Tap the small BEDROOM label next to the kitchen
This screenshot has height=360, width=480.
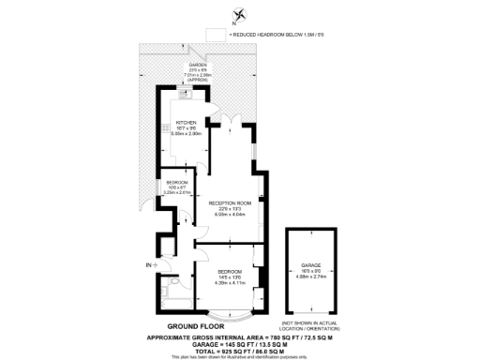(x=176, y=182)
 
